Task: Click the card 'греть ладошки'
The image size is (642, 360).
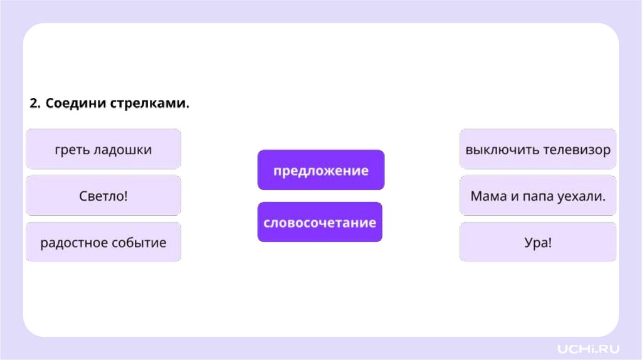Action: (x=103, y=149)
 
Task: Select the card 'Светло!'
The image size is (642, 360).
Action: (x=103, y=196)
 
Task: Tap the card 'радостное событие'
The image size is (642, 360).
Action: (x=103, y=242)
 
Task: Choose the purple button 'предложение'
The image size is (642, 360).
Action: (x=320, y=170)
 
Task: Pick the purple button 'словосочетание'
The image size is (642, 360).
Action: (x=320, y=222)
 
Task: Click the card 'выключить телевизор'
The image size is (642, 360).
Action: (x=537, y=149)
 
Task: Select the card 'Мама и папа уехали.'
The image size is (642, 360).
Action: (x=537, y=196)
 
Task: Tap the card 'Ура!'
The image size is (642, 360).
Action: (x=537, y=242)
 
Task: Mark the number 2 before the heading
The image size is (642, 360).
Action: (x=34, y=103)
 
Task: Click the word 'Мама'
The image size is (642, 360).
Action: (x=487, y=196)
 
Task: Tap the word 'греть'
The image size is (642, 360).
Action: (x=71, y=150)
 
